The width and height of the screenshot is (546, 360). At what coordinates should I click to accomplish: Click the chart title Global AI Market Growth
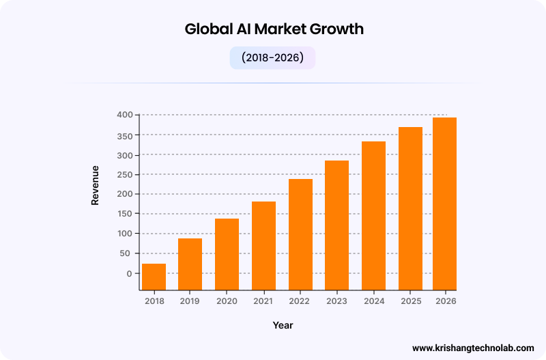point(274,29)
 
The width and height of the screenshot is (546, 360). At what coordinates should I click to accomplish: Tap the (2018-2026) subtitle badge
point(272,58)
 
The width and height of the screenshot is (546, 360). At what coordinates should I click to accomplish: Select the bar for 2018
point(154,277)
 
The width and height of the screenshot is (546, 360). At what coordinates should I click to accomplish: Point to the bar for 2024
point(373,216)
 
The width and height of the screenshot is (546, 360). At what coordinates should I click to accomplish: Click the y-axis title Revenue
point(96,185)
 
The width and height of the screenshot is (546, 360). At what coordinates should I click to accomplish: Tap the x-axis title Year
point(283,325)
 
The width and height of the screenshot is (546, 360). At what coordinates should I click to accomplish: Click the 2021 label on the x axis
point(263,301)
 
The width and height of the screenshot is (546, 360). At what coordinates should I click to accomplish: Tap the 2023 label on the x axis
point(336,301)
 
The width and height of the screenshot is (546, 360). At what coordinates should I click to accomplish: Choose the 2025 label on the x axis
point(410,301)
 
